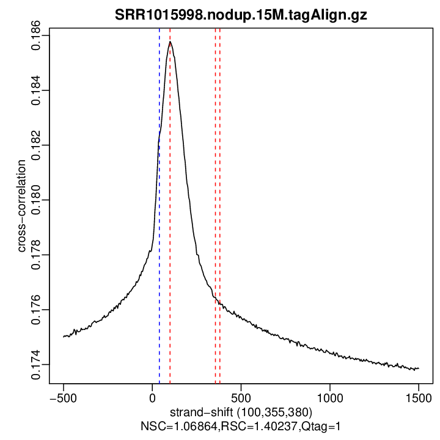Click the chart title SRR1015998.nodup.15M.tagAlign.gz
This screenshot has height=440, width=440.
(x=241, y=15)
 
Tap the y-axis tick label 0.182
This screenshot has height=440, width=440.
(x=36, y=145)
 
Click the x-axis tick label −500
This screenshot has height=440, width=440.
(x=63, y=396)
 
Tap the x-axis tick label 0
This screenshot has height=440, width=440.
(x=152, y=396)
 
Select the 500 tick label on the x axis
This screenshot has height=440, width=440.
(x=241, y=396)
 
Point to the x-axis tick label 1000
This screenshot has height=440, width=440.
(x=330, y=396)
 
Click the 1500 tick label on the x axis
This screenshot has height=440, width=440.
(x=419, y=396)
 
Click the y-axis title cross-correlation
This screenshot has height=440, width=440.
(x=21, y=206)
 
